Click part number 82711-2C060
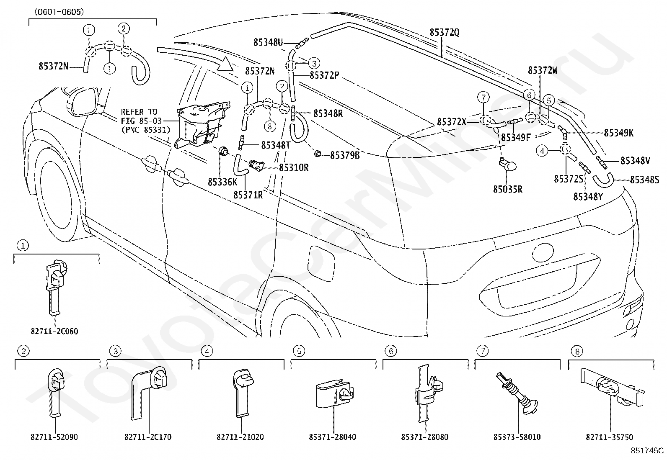click(54, 331)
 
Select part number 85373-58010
click(517, 437)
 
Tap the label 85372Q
click(444, 32)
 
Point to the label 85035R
click(508, 189)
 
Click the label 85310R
click(294, 168)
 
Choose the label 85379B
click(345, 155)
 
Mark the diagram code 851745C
click(647, 451)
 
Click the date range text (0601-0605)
click(59, 12)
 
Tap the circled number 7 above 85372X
click(483, 97)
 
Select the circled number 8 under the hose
click(269, 126)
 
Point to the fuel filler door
click(321, 263)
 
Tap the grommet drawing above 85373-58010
click(517, 393)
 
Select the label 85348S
click(644, 180)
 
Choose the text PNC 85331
click(146, 130)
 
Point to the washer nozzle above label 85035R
click(508, 164)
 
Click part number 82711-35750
click(609, 437)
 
